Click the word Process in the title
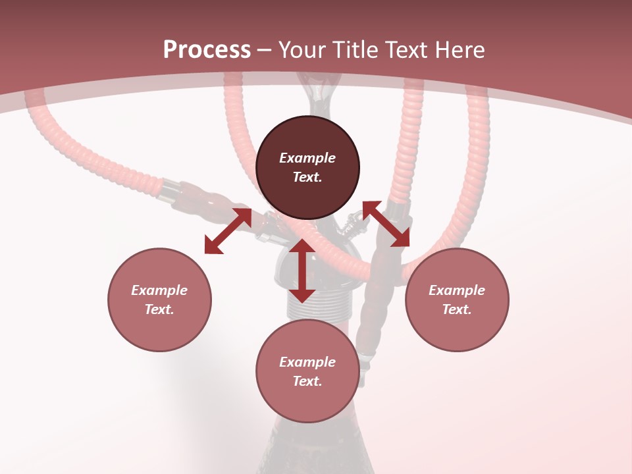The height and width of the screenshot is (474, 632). tap(207, 50)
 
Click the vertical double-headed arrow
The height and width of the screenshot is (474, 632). tap(302, 271)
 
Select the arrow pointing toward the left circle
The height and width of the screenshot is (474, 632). tap(228, 231)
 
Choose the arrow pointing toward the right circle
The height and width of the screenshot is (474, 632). tap(386, 224)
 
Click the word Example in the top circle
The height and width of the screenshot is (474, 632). tap(307, 158)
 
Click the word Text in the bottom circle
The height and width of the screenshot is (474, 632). tap(307, 381)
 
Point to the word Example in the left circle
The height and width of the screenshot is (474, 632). tap(159, 290)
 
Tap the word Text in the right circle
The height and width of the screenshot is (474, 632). tap(457, 309)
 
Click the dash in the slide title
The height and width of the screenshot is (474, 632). tap(264, 51)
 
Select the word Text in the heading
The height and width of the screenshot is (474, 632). tap(406, 50)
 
